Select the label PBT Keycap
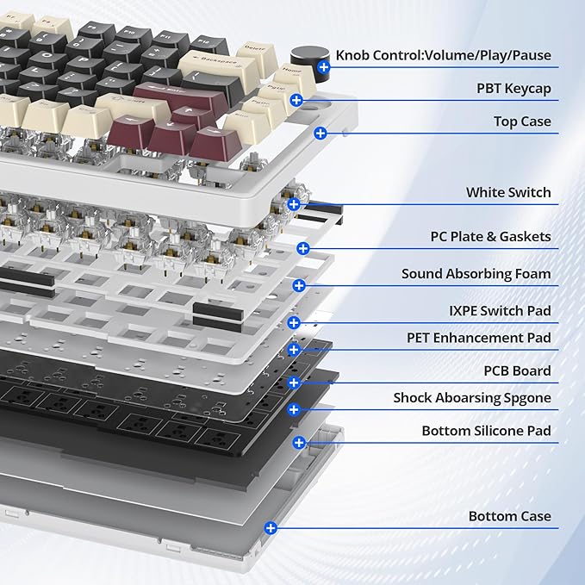pos(513,89)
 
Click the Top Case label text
pos(522,121)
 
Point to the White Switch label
pos(508,192)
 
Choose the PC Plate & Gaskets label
pos(490,237)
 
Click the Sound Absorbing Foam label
pos(476,274)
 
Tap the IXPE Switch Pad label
pos(500,311)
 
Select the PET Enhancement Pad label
pos(479,338)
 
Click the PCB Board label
pos(517,370)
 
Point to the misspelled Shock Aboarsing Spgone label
pos(472,398)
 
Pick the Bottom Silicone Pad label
pos(486,431)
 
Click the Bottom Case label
pos(510,516)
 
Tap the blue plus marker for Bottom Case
pos(271,528)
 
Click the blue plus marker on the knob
pos(323,67)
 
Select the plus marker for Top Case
pos(321,134)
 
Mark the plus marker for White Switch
pos(294,204)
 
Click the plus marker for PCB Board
pos(294,383)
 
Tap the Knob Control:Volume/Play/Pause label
pos(443,56)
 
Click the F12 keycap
pos(208,45)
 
